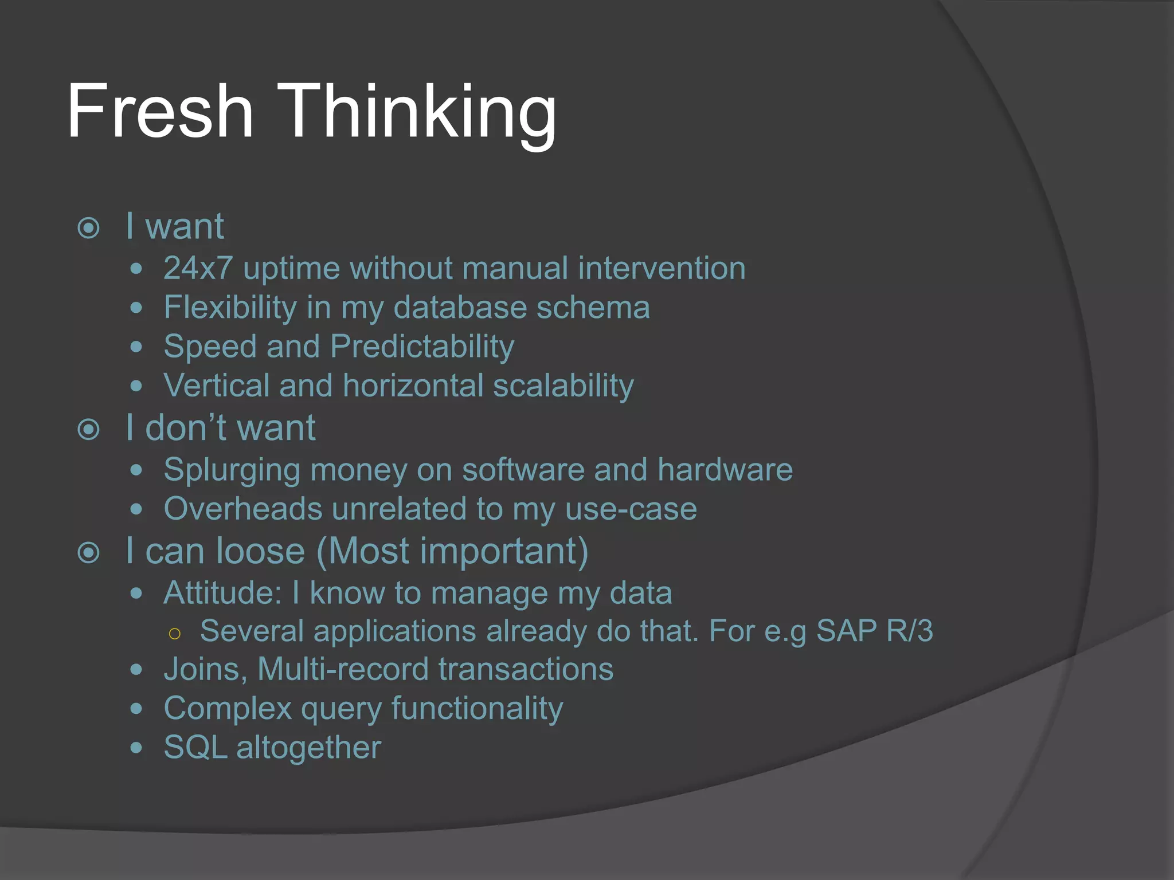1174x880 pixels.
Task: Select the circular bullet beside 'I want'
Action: pyautogui.click(x=89, y=228)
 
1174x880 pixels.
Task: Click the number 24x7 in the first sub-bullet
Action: pyautogui.click(x=198, y=268)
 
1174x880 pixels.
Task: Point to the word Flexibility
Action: pyautogui.click(x=230, y=307)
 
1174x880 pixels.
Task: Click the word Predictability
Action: pyautogui.click(x=422, y=347)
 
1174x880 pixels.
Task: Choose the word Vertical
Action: pyautogui.click(x=216, y=386)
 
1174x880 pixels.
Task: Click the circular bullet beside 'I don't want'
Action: pyautogui.click(x=89, y=429)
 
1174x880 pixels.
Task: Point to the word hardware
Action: pyautogui.click(x=725, y=470)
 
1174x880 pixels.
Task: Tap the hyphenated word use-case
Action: pyautogui.click(x=631, y=509)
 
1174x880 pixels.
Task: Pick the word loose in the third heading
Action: pyautogui.click(x=261, y=551)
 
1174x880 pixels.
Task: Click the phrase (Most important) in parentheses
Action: pyautogui.click(x=452, y=552)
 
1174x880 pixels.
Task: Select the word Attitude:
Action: pyautogui.click(x=222, y=592)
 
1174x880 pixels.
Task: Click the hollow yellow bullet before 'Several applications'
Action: pyautogui.click(x=175, y=633)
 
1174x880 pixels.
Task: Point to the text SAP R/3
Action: pyautogui.click(x=874, y=631)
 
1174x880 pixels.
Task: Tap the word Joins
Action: pyautogui.click(x=205, y=669)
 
